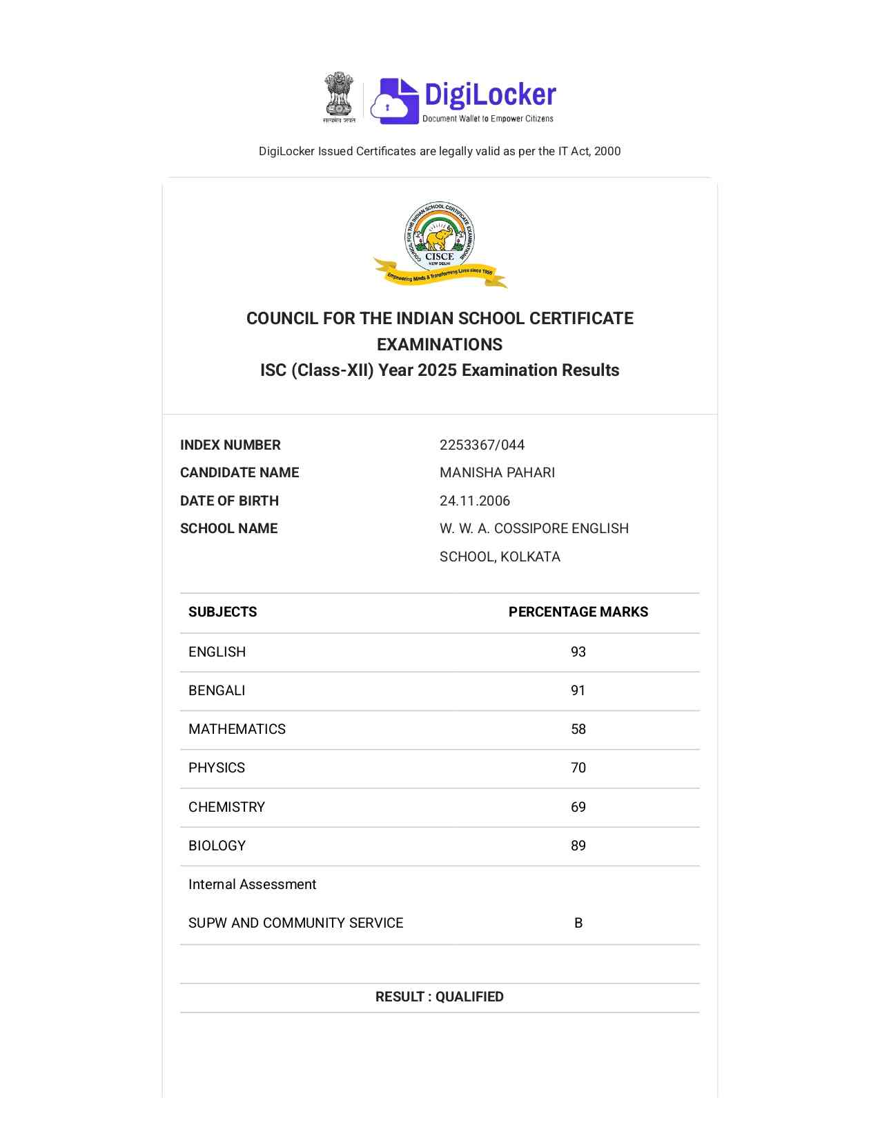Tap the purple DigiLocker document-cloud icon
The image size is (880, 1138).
point(395,101)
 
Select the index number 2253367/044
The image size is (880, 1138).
point(482,445)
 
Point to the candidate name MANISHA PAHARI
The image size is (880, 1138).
point(497,472)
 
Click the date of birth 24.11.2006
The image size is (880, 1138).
point(475,501)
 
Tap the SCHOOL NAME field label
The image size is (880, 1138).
point(228,528)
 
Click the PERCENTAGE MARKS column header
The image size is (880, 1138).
point(578,612)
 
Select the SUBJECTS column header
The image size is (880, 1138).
point(222,612)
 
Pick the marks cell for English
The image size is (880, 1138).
point(578,652)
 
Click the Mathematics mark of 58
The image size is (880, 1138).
point(578,729)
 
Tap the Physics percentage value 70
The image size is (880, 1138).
point(578,768)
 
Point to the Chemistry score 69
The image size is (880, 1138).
point(578,807)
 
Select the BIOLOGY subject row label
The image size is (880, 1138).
point(217,846)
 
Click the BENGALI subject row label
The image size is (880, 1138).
point(217,690)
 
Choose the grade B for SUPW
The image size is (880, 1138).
point(578,923)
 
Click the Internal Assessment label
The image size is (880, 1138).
point(252,884)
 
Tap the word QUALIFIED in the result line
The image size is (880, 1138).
point(469,997)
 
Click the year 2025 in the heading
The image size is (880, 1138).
point(437,370)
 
